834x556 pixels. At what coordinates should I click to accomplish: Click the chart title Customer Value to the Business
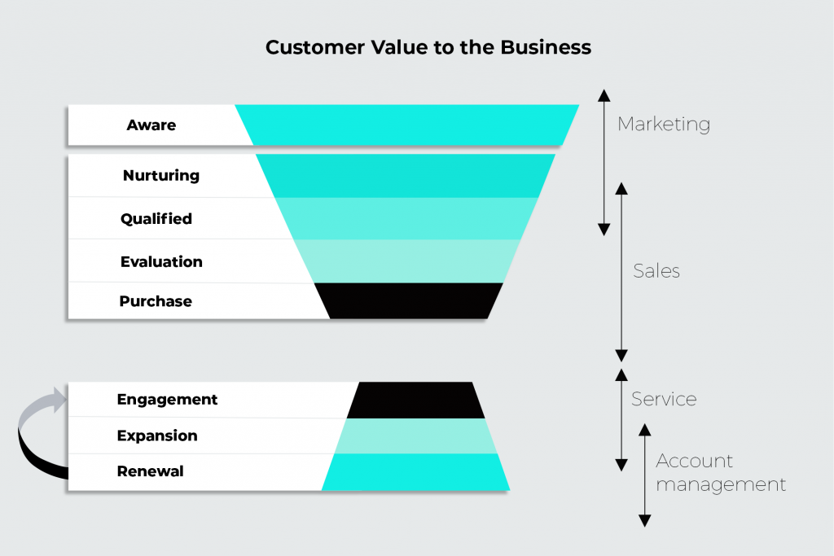pyautogui.click(x=428, y=48)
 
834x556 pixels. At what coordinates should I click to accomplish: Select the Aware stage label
pyautogui.click(x=151, y=125)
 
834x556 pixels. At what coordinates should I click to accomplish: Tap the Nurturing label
pyautogui.click(x=160, y=175)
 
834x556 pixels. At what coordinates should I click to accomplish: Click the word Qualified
pyautogui.click(x=156, y=218)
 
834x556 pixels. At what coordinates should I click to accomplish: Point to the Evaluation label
pyautogui.click(x=161, y=261)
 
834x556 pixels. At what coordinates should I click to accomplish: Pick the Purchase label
pyautogui.click(x=156, y=301)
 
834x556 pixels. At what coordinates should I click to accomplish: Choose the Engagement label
pyautogui.click(x=167, y=400)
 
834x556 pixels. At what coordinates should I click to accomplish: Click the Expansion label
pyautogui.click(x=157, y=436)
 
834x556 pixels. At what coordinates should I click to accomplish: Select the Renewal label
pyautogui.click(x=150, y=471)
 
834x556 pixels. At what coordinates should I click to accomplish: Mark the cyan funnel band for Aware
pyautogui.click(x=407, y=125)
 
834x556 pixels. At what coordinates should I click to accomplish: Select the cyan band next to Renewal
pyautogui.click(x=415, y=473)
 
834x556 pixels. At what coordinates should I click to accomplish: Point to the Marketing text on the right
pyautogui.click(x=664, y=125)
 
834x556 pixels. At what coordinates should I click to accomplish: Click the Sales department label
pyautogui.click(x=656, y=271)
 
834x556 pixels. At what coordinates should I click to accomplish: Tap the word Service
pyautogui.click(x=664, y=400)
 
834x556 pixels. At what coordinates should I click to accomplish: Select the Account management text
pyautogui.click(x=720, y=473)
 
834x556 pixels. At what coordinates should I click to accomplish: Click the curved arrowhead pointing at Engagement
pyautogui.click(x=57, y=400)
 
